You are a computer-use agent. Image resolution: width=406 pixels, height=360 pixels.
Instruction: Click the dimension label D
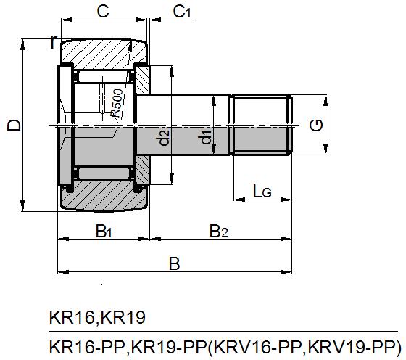(x=12, y=126)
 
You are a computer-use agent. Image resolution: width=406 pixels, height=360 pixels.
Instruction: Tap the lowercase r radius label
(x=52, y=42)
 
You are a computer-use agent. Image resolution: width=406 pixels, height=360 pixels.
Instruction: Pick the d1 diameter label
(x=206, y=136)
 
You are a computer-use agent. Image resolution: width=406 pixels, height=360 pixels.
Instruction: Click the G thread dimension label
(x=316, y=126)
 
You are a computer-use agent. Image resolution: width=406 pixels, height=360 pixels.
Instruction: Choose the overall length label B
(x=174, y=263)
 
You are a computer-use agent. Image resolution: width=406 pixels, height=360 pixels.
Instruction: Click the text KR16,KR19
(x=97, y=317)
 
